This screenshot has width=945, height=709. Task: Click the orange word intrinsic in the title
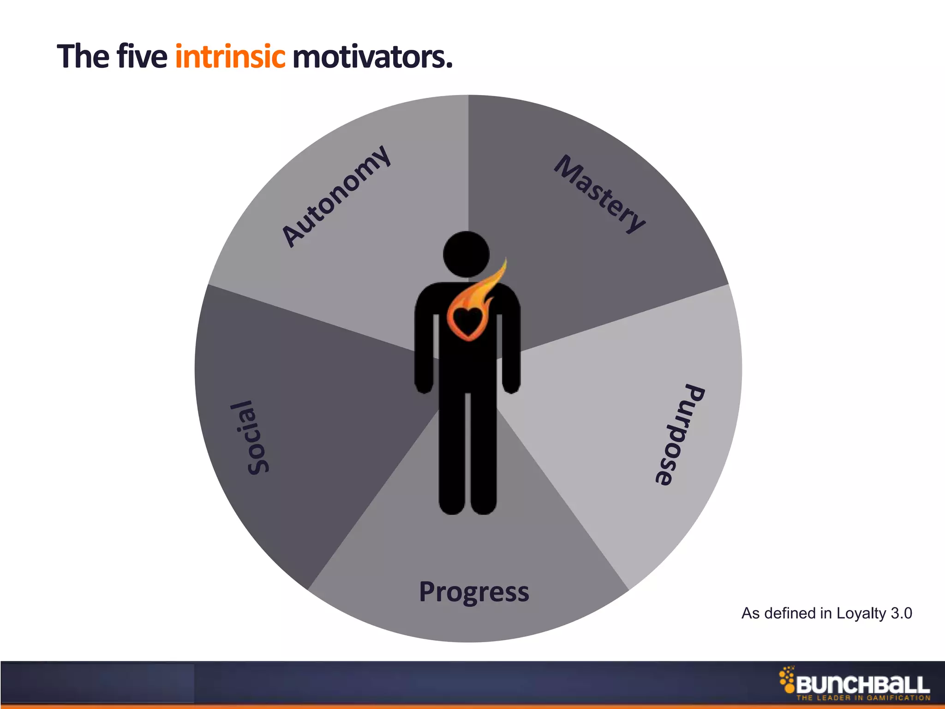click(x=230, y=57)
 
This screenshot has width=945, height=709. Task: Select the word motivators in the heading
click(x=372, y=57)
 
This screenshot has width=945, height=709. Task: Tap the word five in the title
click(x=142, y=57)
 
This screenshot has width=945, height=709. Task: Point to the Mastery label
click(x=599, y=194)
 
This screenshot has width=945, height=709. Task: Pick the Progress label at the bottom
click(x=474, y=592)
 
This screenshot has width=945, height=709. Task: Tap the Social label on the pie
click(x=251, y=437)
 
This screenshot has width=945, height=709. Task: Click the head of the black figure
click(x=466, y=254)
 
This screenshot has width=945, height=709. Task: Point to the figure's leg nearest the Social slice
click(x=452, y=452)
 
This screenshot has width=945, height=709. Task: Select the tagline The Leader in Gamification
click(x=863, y=698)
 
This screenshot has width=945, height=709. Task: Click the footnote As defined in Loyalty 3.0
click(x=826, y=613)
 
